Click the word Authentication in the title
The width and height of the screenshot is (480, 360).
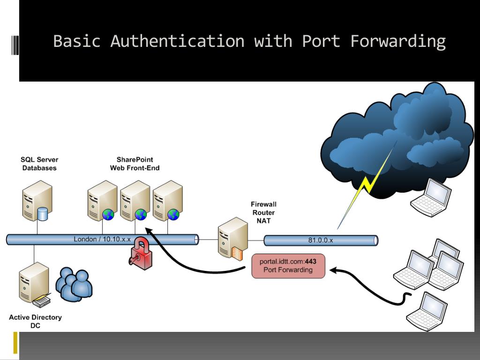pos(177,41)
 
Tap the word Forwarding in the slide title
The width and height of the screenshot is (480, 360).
pos(398,41)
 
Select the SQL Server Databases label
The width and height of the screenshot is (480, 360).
pos(39,164)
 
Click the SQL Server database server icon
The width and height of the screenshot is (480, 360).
pos(37,201)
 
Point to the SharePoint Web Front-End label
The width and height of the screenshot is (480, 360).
pos(135,164)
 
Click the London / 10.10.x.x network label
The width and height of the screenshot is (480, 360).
pos(102,239)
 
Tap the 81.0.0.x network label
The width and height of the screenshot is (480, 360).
pos(321,240)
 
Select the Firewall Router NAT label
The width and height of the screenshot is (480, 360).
pos(263,212)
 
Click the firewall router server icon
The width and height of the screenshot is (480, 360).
pos(232,237)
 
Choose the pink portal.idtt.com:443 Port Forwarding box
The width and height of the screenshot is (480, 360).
pos(288,266)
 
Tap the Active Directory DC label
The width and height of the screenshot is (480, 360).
pos(35,321)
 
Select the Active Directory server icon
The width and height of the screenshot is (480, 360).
pos(34,284)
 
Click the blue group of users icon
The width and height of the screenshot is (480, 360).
pos(74,284)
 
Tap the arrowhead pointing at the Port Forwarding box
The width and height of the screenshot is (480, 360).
pos(333,270)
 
